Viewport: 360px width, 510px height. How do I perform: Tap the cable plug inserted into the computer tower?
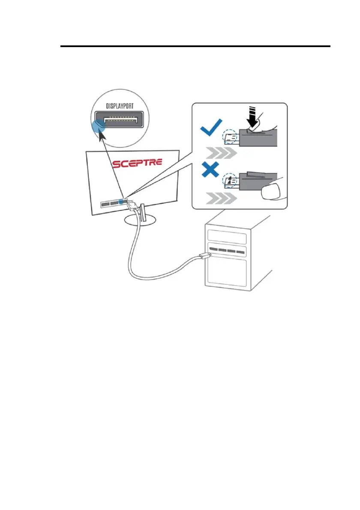(x=204, y=257)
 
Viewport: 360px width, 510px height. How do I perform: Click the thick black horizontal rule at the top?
(x=195, y=46)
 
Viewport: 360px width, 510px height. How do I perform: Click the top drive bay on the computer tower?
(x=226, y=236)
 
